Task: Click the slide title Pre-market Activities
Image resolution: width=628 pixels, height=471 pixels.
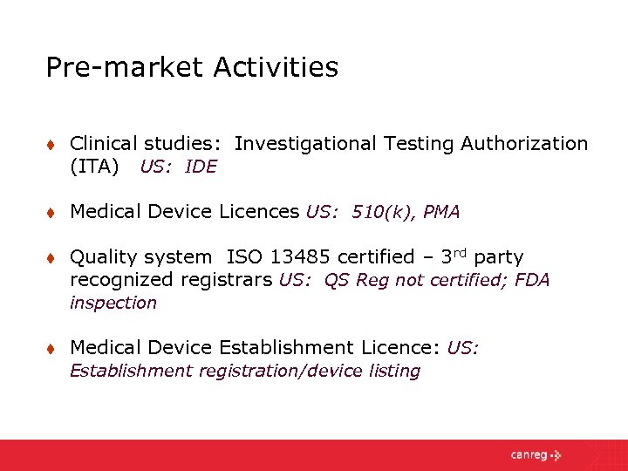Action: tap(192, 67)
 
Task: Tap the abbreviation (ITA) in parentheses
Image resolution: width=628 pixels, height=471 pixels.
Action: tap(94, 166)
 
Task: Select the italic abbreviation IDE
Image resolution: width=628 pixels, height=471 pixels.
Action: tap(201, 167)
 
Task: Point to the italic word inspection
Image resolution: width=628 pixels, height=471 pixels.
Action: tap(113, 303)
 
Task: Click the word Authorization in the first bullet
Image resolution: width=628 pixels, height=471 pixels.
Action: tap(524, 143)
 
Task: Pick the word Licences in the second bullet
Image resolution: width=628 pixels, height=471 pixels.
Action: tap(259, 212)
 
